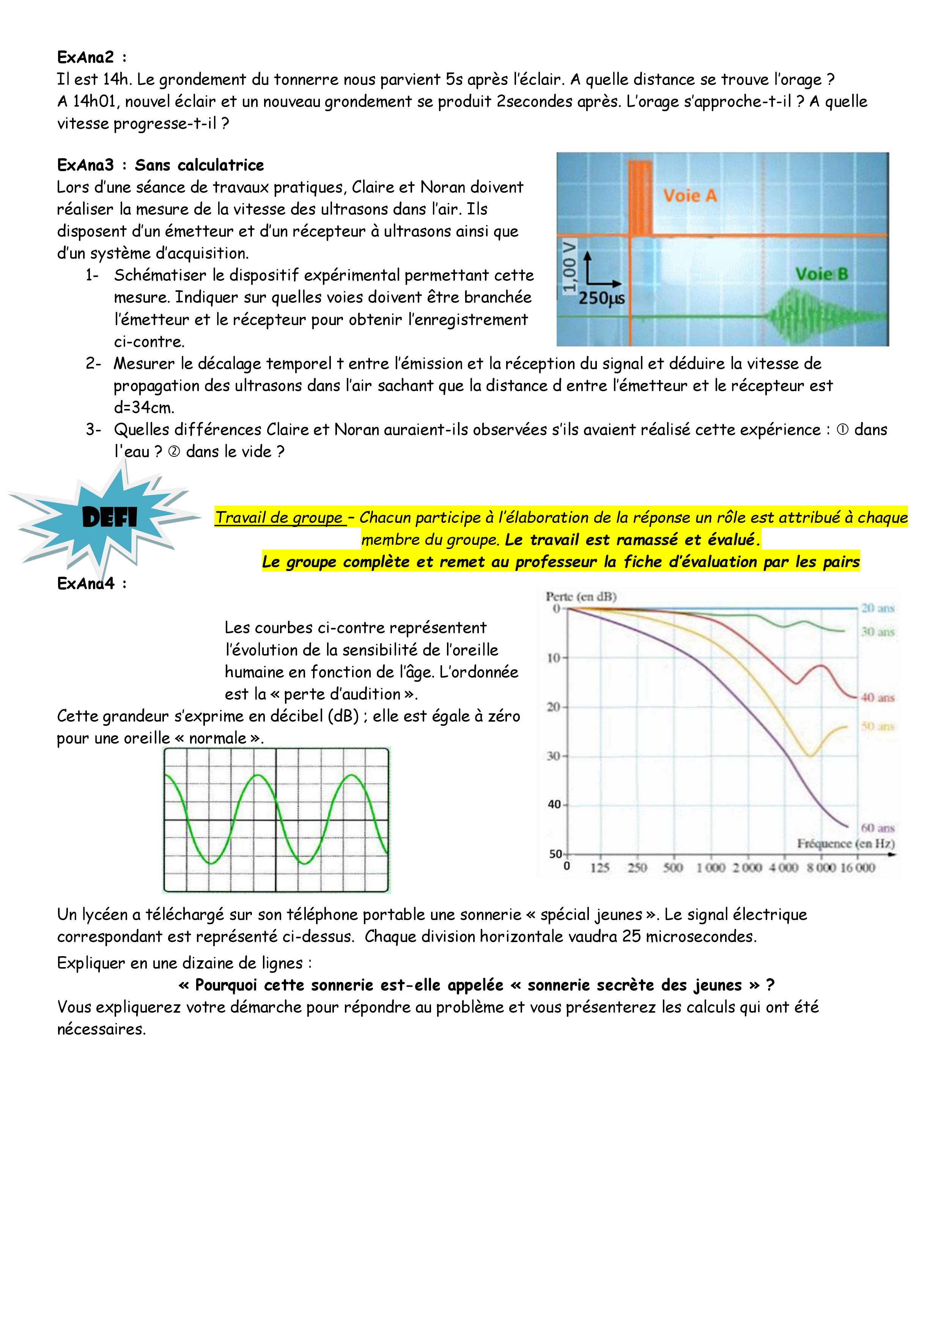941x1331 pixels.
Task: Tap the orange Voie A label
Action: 689,196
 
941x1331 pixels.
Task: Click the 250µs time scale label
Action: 601,299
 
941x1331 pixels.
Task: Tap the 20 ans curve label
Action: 877,608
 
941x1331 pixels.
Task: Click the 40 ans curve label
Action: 877,697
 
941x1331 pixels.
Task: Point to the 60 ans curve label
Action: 877,828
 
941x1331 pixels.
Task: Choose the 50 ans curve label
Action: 877,726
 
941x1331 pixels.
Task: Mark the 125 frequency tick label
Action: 600,867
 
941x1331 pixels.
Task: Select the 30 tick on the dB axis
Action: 553,756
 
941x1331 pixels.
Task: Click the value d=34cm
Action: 144,407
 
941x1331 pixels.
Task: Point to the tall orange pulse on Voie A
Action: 640,197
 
